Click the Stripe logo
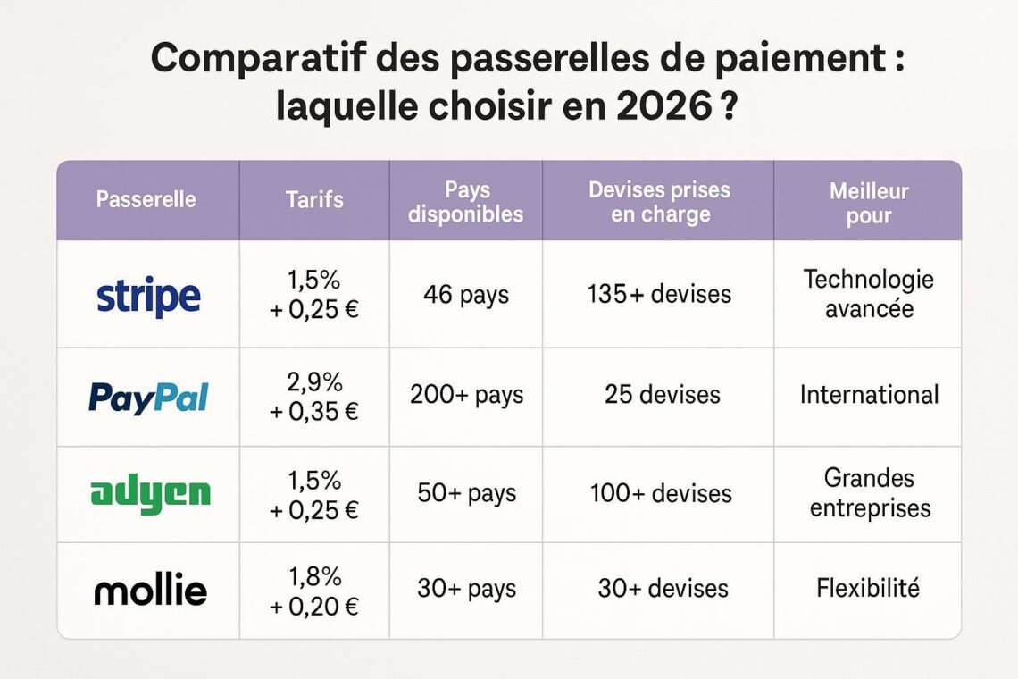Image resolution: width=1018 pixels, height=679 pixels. (x=148, y=297)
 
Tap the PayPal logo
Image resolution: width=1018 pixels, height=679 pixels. (x=148, y=397)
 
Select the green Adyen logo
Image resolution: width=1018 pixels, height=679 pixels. (x=150, y=495)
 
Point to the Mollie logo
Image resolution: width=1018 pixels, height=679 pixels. (x=151, y=590)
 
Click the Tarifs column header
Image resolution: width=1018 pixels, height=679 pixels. (x=314, y=199)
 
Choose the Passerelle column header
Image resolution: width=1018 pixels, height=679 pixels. (x=146, y=199)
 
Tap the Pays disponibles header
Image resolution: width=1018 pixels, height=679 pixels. (x=465, y=202)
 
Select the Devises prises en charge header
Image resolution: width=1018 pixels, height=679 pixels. (x=660, y=202)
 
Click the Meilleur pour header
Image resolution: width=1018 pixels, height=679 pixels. (x=869, y=204)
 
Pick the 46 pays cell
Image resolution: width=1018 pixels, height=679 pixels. (x=466, y=295)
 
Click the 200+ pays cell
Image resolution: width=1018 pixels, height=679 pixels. (x=466, y=395)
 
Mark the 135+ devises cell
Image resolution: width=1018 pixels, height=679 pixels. (x=660, y=294)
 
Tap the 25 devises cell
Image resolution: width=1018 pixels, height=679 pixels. (x=663, y=394)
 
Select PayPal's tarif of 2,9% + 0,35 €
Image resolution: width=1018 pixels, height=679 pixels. (x=314, y=397)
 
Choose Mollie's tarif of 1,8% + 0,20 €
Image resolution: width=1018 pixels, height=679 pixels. (x=314, y=591)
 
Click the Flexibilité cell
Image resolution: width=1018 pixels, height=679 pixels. (x=868, y=588)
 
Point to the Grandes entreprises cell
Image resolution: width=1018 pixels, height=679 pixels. (x=870, y=493)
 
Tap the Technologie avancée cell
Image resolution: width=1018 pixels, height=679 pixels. (x=869, y=294)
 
